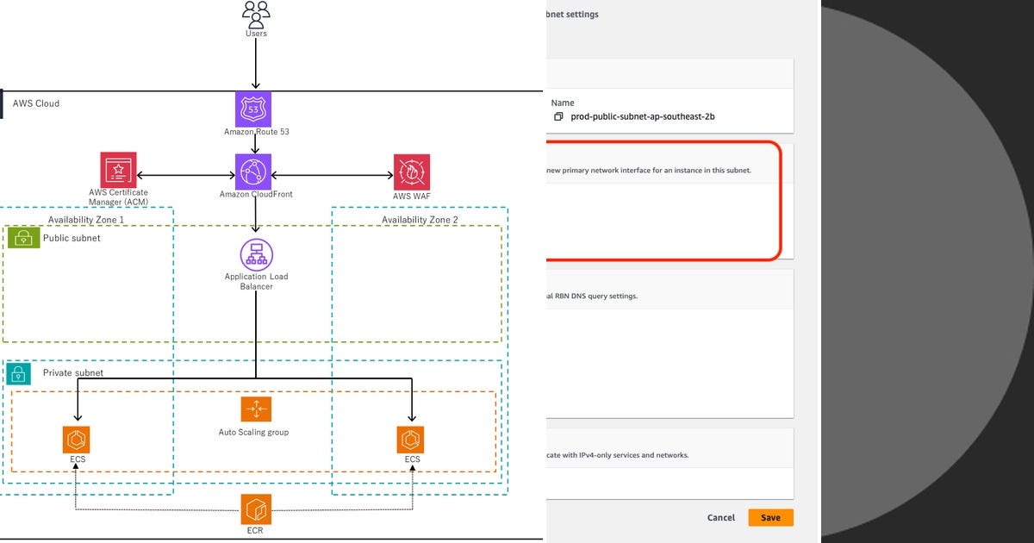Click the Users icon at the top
256,15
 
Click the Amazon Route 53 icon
253,109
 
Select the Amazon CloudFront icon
253,172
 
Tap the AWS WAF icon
412,172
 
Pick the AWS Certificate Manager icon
118,170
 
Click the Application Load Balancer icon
256,254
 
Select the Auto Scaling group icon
256,409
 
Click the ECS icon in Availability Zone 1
77,439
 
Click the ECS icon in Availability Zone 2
411,439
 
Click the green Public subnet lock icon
23,239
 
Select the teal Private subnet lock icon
19,373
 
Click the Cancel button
720,517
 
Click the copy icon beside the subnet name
558,116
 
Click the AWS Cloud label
35,103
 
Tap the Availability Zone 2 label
420,220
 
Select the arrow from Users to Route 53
256,65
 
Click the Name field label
563,103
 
